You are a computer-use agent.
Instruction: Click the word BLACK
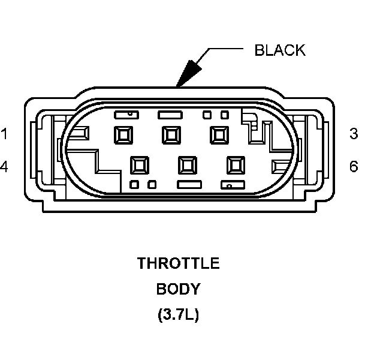[280, 50]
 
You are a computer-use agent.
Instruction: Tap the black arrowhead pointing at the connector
[188, 74]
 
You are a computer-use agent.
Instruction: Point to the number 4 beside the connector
[4, 167]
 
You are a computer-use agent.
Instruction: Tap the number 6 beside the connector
[354, 167]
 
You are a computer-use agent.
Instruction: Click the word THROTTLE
[179, 263]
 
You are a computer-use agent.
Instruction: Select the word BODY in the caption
[179, 289]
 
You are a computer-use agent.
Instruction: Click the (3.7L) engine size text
[179, 314]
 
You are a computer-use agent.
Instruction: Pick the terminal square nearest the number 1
[123, 135]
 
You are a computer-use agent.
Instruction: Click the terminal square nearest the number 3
[218, 135]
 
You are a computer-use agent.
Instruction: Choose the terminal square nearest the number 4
[140, 164]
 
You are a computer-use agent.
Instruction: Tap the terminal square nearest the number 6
[235, 164]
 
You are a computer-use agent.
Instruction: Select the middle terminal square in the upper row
[171, 135]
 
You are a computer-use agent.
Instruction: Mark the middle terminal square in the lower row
[188, 164]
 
